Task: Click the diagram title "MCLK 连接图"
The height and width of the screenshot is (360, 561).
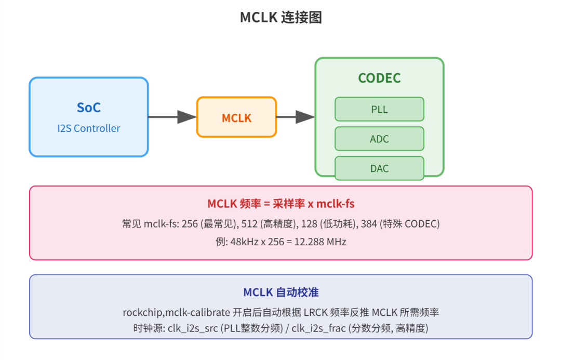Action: tap(281, 17)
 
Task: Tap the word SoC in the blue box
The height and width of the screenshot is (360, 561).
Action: tap(89, 108)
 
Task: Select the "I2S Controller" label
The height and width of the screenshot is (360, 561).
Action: tap(89, 128)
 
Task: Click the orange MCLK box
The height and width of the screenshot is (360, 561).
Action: tap(236, 117)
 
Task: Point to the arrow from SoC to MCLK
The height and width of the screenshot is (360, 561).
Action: tap(172, 117)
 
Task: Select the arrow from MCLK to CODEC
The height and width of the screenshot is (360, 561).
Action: tap(296, 117)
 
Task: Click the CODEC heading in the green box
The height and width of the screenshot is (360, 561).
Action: tap(379, 78)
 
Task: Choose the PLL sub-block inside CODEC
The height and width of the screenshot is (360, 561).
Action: tap(379, 109)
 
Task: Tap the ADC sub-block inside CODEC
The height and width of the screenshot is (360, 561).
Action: tap(379, 139)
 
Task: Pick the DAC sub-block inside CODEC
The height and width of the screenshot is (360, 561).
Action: tap(379, 168)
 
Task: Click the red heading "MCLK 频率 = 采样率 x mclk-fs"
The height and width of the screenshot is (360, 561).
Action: tap(281, 204)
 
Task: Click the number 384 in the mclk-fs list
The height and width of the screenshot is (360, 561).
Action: tap(369, 224)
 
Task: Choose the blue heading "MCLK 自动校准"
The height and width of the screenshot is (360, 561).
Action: tap(281, 292)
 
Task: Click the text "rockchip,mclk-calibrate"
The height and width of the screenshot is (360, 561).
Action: tap(177, 312)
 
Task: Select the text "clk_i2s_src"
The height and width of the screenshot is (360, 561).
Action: tap(193, 328)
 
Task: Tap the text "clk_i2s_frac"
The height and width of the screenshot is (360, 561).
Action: tap(318, 328)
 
